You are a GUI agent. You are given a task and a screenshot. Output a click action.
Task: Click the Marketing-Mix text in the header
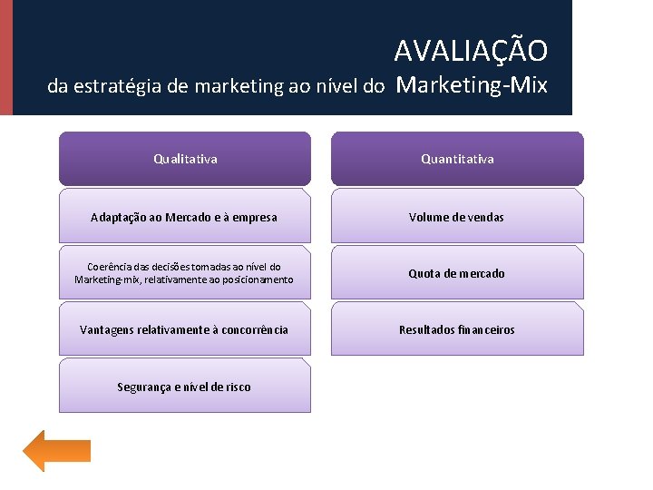472,85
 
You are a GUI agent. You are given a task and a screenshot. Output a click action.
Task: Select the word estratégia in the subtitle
119,87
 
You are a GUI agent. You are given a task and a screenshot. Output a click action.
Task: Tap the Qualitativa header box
185,159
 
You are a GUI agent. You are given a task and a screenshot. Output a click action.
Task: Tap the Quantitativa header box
457,159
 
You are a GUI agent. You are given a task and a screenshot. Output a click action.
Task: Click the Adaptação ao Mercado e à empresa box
185,217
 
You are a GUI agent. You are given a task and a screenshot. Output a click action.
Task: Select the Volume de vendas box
457,217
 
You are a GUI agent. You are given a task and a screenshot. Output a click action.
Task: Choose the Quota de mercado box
457,273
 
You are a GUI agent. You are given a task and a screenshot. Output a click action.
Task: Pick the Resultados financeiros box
457,329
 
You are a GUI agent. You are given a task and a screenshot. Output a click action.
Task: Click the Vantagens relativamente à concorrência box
185,329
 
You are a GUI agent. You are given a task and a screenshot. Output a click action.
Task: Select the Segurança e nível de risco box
185,387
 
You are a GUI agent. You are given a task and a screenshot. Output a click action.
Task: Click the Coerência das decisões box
185,273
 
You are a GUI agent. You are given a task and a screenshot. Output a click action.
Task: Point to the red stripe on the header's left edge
6,57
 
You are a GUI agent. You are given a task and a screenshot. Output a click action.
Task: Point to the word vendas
486,217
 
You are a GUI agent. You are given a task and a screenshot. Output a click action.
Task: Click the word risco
237,387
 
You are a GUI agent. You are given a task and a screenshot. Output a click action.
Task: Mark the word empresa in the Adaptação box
255,217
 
